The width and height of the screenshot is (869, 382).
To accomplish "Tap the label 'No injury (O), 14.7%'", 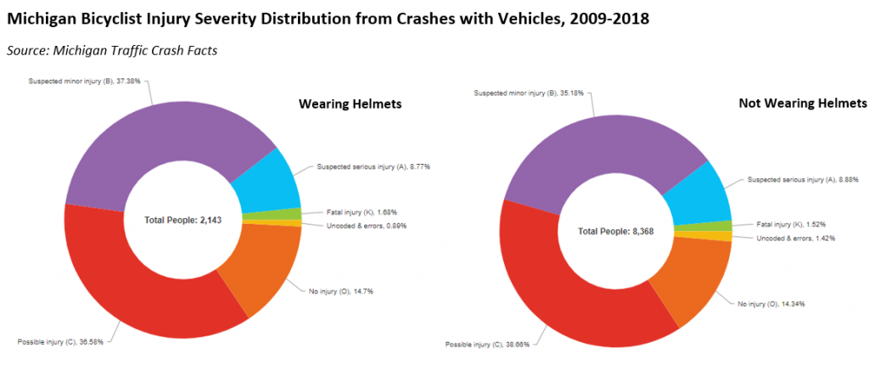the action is [341, 290].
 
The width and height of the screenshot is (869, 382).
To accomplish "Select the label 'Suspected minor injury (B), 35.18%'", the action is [530, 93].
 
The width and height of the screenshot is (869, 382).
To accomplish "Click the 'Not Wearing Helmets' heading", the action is [802, 103].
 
